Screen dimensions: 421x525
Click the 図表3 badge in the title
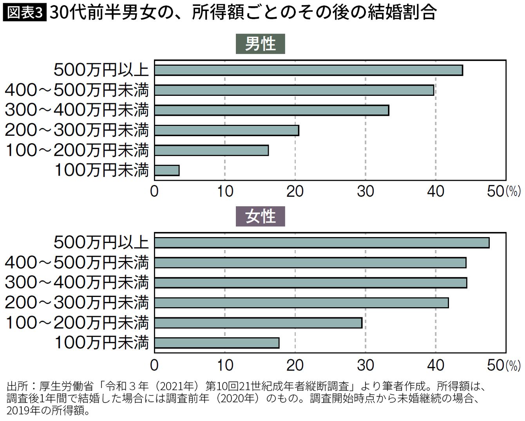pos(24,13)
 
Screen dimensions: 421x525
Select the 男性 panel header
pos(260,44)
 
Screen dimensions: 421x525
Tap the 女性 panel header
pos(260,216)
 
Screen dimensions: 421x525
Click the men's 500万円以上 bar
pos(308,70)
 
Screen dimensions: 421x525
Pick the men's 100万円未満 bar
pos(167,171)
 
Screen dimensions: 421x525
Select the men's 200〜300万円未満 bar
pos(226,130)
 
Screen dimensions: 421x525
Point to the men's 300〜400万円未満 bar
pos(272,110)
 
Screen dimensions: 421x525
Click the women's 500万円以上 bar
pos(322,243)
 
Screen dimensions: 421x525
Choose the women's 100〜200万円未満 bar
pos(258,323)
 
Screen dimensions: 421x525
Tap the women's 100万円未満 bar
pos(217,343)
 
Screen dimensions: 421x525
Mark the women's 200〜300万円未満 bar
pos(301,303)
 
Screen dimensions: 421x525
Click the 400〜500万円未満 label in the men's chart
pos(77,90)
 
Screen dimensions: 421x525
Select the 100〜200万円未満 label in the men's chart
pos(77,150)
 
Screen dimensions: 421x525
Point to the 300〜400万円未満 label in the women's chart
pos(77,282)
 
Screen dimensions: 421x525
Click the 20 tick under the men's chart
pos(295,191)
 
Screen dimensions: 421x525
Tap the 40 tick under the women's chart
pos(436,365)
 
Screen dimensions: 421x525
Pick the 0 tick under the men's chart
pos(154,191)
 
